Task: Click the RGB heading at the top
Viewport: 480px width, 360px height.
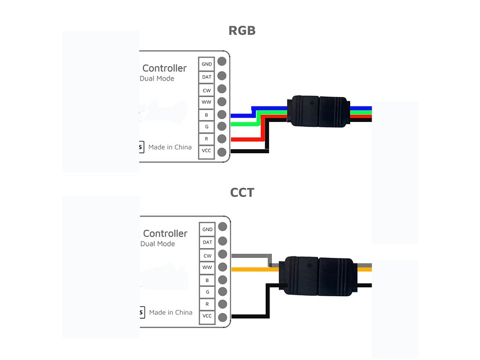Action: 242,31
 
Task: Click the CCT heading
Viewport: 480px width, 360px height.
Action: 242,193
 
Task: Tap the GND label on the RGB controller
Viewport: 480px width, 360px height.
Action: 207,64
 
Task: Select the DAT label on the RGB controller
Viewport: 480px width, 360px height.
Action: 207,76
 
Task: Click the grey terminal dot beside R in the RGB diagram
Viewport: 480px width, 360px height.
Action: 222,139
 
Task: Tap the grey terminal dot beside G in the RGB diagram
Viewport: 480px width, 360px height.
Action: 222,126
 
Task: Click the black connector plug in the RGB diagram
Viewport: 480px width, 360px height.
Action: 318,112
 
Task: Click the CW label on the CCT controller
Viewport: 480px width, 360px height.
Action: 207,255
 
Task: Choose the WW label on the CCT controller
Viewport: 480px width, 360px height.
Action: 207,268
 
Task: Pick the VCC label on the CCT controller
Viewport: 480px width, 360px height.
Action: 207,316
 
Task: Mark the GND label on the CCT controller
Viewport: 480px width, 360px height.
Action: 207,230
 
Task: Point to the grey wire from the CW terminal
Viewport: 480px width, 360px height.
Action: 251,256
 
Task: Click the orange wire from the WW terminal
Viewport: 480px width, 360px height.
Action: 251,269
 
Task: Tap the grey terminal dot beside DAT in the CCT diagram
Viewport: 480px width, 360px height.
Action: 223,241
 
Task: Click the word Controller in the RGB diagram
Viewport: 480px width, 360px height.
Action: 164,68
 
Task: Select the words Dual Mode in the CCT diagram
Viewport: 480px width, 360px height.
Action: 157,244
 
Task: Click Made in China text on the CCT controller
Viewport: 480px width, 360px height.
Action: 171,312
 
